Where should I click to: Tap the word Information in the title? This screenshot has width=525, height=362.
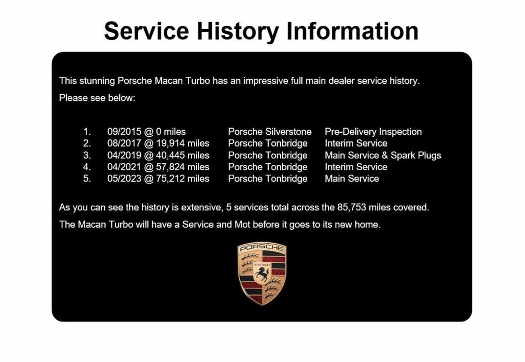coord(353,31)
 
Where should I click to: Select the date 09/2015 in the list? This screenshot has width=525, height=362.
coord(124,132)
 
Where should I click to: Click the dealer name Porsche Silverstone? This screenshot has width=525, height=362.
coord(270,132)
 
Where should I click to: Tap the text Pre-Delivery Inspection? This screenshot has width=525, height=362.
coord(373,132)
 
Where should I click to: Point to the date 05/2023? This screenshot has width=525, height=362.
coord(124,179)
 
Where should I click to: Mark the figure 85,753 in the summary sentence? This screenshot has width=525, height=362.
coord(351,207)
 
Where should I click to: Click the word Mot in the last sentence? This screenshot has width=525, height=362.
coord(242,224)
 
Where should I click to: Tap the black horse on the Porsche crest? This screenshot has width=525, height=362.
coord(261,274)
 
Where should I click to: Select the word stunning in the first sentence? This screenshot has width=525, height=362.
coord(97,81)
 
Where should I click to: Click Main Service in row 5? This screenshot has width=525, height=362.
coord(352,179)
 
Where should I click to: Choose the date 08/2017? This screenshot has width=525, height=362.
coord(124,144)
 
